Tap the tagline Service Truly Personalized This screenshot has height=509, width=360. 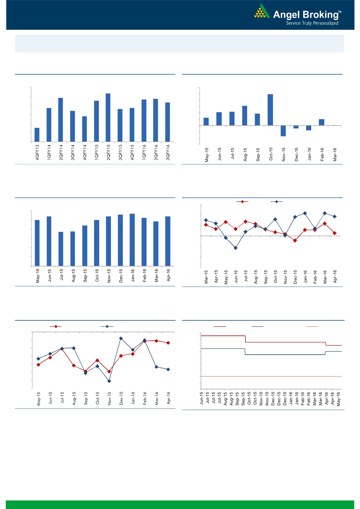click(312, 23)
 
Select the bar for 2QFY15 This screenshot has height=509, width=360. click(108, 118)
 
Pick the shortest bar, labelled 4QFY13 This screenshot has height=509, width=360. click(37, 135)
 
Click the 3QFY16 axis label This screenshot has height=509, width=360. click(168, 152)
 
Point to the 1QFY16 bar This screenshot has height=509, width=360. click(144, 120)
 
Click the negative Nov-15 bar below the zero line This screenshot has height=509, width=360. click(283, 131)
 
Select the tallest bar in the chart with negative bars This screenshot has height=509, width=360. click(270, 110)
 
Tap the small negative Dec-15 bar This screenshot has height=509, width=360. click(296, 127)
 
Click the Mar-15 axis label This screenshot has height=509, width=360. click(206, 277)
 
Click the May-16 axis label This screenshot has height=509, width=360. click(339, 399)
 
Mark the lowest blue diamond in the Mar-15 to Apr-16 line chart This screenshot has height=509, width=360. click(235, 248)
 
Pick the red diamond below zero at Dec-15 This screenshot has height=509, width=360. click(295, 241)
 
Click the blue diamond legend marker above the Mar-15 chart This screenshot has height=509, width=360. click(276, 202)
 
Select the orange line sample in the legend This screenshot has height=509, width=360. click(312, 327)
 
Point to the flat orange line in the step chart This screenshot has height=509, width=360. click(271, 376)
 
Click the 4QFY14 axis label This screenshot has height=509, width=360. click(84, 152)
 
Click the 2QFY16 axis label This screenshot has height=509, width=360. click(156, 152)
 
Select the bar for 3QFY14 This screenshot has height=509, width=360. click(73, 126)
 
